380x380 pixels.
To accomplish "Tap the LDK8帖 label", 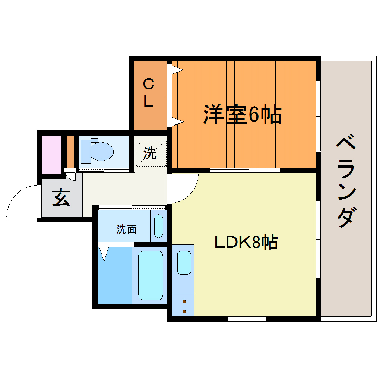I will point(246,243).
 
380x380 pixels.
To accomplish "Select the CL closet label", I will point(148,93).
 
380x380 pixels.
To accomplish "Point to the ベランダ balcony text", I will point(346,182).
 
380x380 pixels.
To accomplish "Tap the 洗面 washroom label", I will point(126,229).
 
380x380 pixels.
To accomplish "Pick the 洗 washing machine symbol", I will point(150,153).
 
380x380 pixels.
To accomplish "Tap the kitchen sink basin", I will point(184,263).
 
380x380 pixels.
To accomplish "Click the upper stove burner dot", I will point(184,301).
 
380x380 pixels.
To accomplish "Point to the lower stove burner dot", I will point(184,311).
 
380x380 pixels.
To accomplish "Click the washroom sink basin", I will point(158,226).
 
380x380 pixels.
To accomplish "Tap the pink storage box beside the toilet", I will point(51,154).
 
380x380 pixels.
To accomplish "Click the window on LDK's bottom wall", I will point(247,319).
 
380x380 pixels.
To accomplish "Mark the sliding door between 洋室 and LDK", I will point(245,171).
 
